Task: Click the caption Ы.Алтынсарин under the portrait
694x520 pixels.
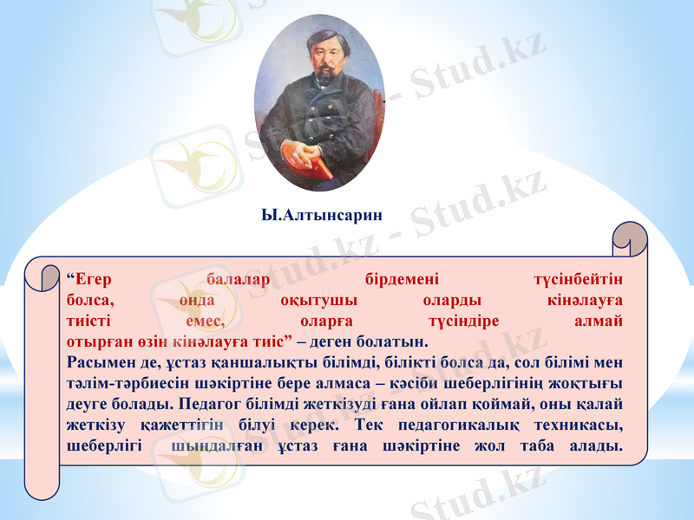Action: tap(321, 214)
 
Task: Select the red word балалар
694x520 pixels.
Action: tap(239, 280)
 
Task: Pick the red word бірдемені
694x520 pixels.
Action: tap(402, 280)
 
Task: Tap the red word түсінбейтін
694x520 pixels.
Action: tap(579, 280)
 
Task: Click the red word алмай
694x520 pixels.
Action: tap(599, 320)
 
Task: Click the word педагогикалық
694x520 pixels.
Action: tap(461, 426)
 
